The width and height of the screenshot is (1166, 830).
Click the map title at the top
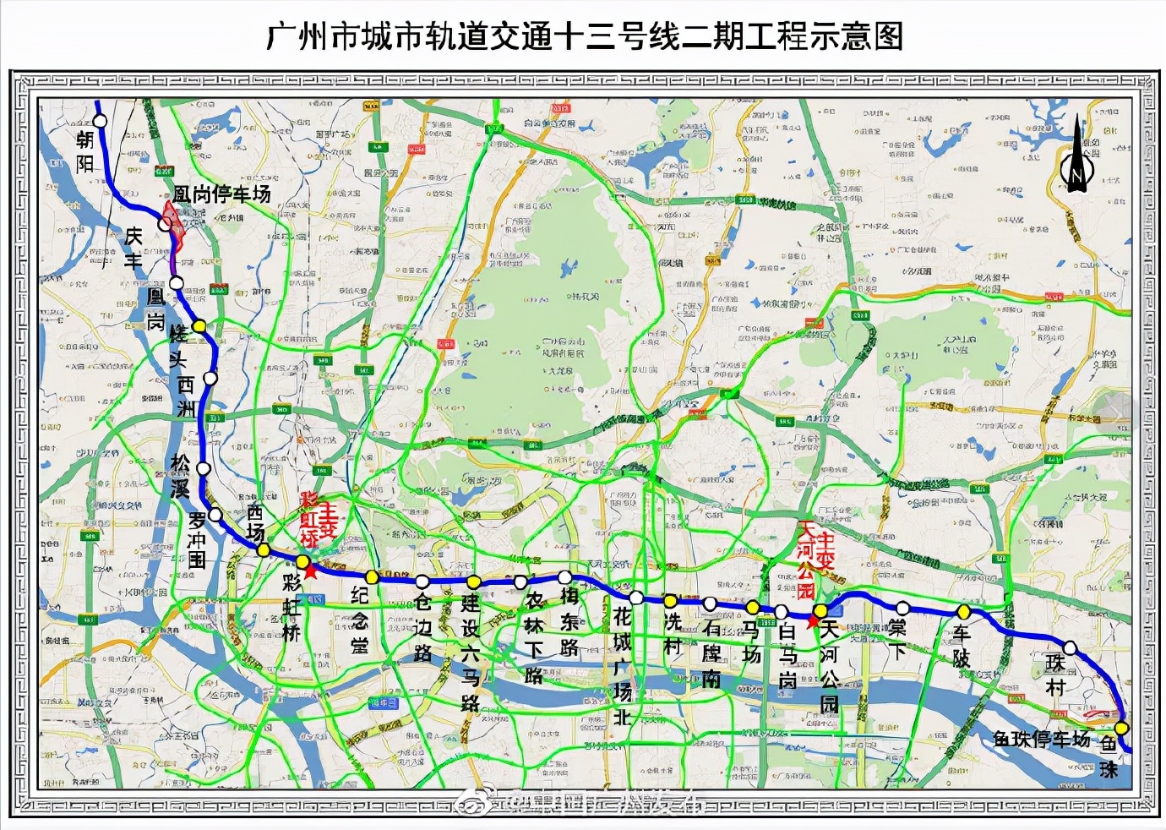click(x=583, y=35)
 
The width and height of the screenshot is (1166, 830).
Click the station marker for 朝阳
click(x=101, y=121)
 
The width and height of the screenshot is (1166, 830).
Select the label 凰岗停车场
click(x=221, y=194)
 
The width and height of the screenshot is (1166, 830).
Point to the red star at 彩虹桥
click(x=310, y=571)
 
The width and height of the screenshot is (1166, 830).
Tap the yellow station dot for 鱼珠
click(x=1121, y=729)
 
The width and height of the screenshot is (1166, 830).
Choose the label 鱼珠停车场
click(x=1042, y=739)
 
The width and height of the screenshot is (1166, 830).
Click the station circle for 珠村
click(x=1071, y=648)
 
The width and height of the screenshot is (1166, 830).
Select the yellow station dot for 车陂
click(x=963, y=611)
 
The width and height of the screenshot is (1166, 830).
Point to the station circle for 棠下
click(x=902, y=608)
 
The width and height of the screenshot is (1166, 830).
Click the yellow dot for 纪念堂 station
click(x=372, y=576)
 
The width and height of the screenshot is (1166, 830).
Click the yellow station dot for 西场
click(x=264, y=550)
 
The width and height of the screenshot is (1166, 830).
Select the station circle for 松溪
click(x=203, y=469)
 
